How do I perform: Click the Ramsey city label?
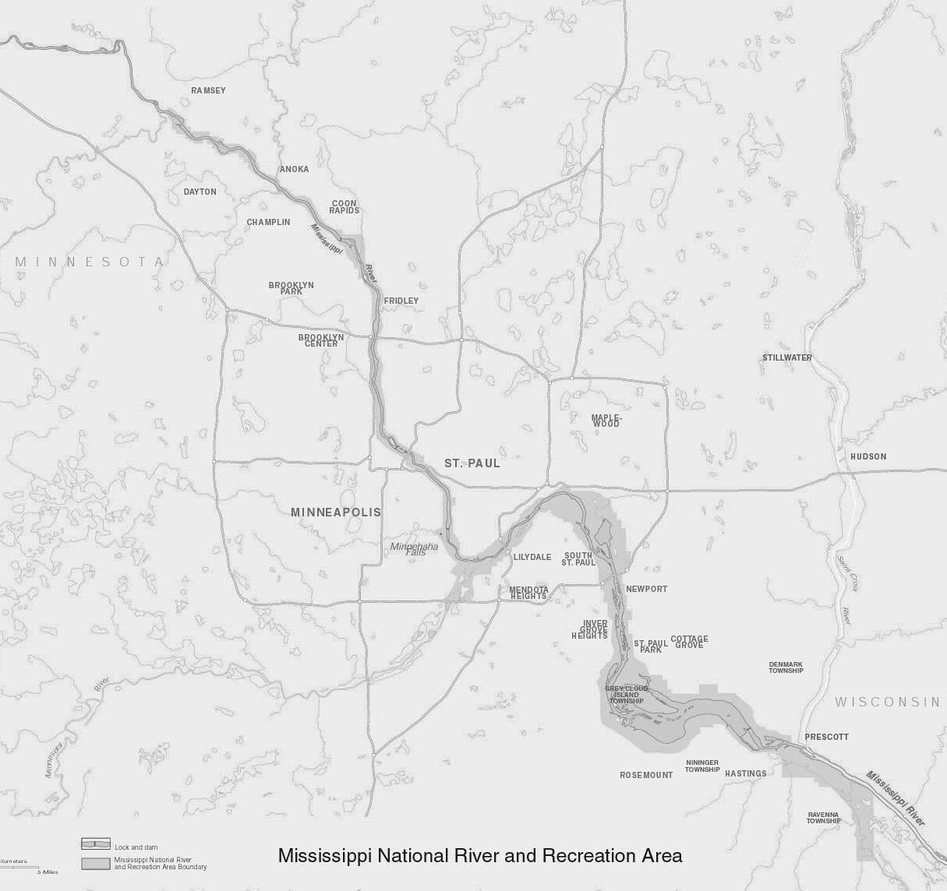(208, 90)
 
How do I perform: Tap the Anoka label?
(294, 169)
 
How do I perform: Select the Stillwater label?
(786, 357)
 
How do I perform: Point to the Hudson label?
(867, 456)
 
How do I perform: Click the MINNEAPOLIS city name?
(335, 512)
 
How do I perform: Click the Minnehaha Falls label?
(414, 548)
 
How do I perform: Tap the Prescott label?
(826, 736)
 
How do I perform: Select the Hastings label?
(745, 773)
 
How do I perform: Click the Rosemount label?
(645, 775)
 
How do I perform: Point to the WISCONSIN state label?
(887, 702)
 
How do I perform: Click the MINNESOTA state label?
(90, 262)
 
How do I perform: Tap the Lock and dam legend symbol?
(95, 844)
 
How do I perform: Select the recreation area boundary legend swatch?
(95, 863)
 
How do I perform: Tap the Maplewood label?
(605, 421)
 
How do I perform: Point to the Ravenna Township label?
(823, 817)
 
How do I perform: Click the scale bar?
(16, 865)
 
